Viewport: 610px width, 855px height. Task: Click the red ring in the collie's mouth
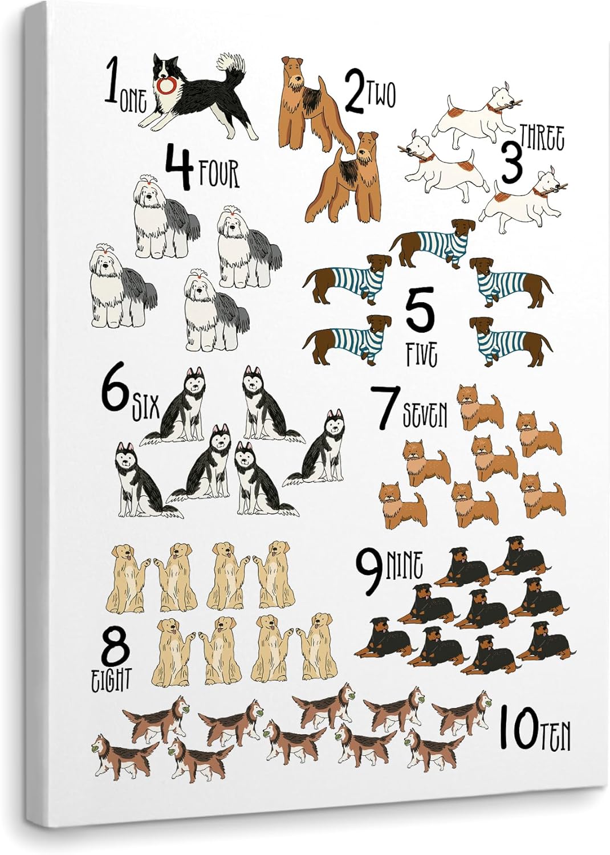click(x=166, y=86)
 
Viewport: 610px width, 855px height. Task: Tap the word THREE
click(x=542, y=139)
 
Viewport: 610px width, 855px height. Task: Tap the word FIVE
click(x=421, y=355)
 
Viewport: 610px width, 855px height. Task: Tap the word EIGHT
click(x=111, y=679)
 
